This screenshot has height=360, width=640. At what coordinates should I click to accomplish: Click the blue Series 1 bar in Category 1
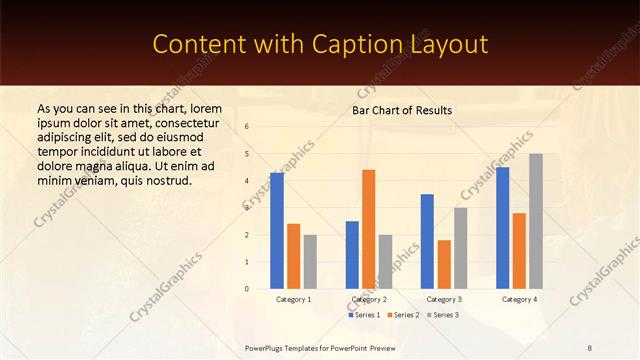pyautogui.click(x=277, y=231)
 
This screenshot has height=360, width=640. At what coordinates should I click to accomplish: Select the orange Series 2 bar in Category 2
pyautogui.click(x=368, y=229)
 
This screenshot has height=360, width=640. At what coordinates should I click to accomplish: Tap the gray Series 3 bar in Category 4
pyautogui.click(x=536, y=221)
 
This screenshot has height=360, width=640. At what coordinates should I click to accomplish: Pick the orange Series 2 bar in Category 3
pyautogui.click(x=444, y=264)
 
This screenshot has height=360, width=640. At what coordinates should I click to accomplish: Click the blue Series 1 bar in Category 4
pyautogui.click(x=502, y=228)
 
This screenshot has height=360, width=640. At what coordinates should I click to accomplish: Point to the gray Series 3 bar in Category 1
pyautogui.click(x=310, y=262)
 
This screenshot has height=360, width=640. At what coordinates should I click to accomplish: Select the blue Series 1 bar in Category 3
pyautogui.click(x=427, y=241)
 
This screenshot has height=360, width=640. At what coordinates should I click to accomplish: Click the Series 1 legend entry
pyautogui.click(x=364, y=315)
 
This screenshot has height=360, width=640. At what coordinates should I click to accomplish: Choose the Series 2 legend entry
pyautogui.click(x=403, y=315)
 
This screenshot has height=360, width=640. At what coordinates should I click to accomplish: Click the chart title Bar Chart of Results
pyautogui.click(x=402, y=110)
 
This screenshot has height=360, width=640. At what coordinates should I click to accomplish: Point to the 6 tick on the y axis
pyautogui.click(x=247, y=127)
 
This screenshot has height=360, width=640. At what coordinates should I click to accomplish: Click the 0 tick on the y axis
pyautogui.click(x=247, y=289)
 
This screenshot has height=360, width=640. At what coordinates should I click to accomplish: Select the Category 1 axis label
pyautogui.click(x=293, y=299)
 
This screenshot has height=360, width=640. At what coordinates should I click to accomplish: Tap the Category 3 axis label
pyautogui.click(x=444, y=299)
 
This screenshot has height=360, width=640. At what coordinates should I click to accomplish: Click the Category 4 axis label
pyautogui.click(x=519, y=299)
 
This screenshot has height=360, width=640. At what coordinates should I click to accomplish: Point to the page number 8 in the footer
pyautogui.click(x=590, y=347)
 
